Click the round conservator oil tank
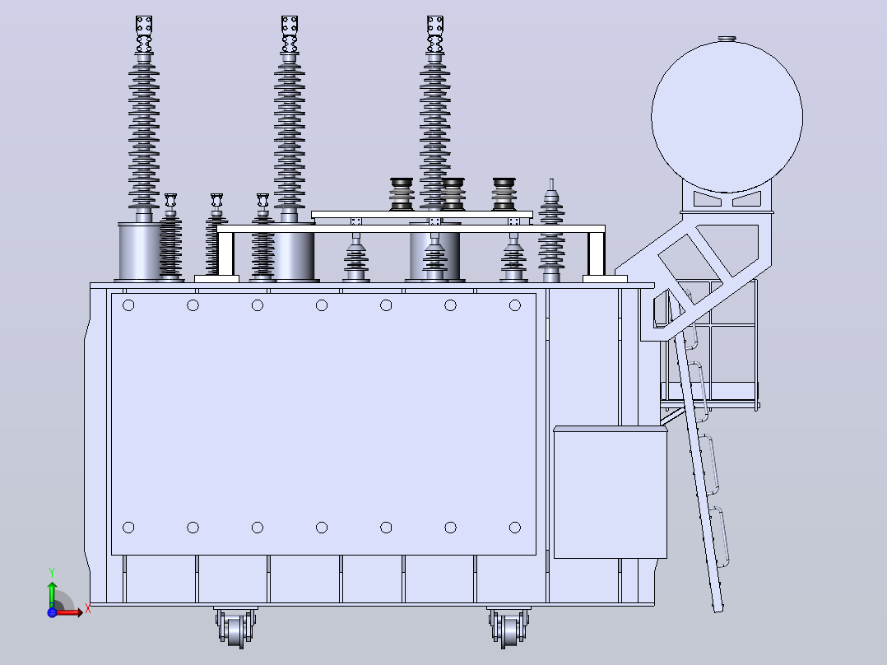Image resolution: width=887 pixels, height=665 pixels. pyautogui.click(x=727, y=117)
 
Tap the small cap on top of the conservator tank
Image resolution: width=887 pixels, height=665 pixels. pyautogui.click(x=727, y=39)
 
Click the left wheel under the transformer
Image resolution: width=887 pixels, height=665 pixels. pyautogui.click(x=235, y=628)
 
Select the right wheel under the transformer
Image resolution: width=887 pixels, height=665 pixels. pyautogui.click(x=509, y=628)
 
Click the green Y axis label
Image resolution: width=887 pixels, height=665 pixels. pyautogui.click(x=52, y=573)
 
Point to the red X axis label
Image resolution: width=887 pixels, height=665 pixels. pyautogui.click(x=88, y=610)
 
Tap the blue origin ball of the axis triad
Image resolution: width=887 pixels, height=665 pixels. pyautogui.click(x=52, y=612)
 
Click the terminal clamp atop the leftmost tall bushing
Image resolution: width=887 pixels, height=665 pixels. pyautogui.click(x=144, y=35)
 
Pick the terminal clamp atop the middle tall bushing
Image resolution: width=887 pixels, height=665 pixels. pyautogui.click(x=290, y=35)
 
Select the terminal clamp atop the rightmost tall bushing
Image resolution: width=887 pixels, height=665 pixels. pyautogui.click(x=435, y=35)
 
